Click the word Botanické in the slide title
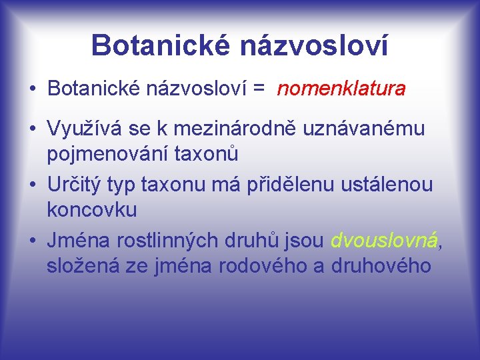coord(160,45)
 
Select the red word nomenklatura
coord(341,89)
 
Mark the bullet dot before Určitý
coord(32,183)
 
